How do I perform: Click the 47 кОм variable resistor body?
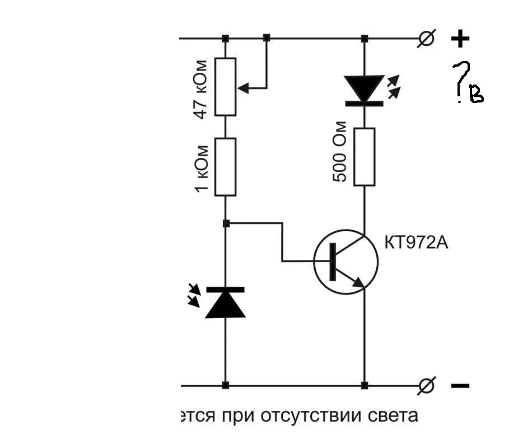(226, 86)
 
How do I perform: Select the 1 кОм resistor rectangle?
(226, 166)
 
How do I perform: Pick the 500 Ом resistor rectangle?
(365, 157)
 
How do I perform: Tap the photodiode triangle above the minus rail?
(225, 304)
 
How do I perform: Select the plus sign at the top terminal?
(460, 39)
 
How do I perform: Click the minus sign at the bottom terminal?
(460, 386)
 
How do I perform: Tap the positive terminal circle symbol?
(427, 39)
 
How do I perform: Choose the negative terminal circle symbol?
(427, 385)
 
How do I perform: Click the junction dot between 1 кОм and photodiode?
(226, 223)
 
